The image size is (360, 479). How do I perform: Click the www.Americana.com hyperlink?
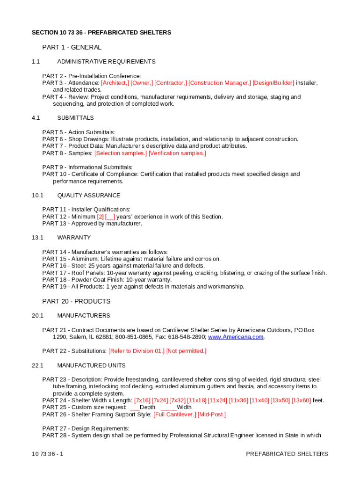(x=236, y=337)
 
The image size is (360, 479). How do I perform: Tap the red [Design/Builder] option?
(x=274, y=83)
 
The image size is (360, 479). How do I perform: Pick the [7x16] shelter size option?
(x=143, y=400)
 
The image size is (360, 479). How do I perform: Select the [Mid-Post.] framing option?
(x=212, y=414)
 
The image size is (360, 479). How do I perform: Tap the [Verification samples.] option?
(x=177, y=153)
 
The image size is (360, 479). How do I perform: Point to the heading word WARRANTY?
(x=74, y=238)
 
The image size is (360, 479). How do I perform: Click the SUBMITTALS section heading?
(x=75, y=118)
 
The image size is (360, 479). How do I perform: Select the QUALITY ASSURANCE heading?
(x=89, y=196)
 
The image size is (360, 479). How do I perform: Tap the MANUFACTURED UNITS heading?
(x=91, y=365)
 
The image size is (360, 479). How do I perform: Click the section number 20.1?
(x=37, y=316)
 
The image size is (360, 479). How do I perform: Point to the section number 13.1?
(x=37, y=238)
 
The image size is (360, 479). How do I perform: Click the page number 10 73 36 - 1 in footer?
(x=48, y=454)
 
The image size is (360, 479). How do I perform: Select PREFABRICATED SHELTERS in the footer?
(x=287, y=454)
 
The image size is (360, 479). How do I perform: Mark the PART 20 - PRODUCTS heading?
(x=76, y=301)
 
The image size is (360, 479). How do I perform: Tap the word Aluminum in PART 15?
(x=84, y=259)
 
